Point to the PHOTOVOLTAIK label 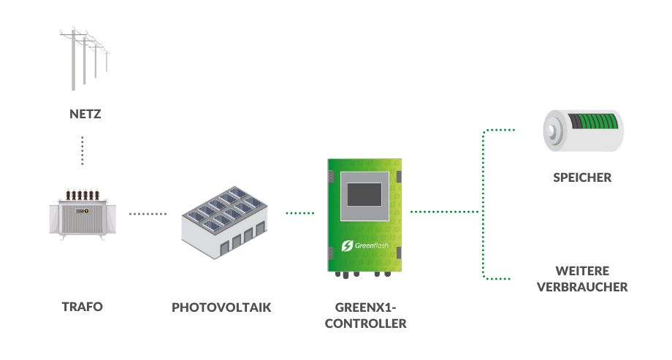pyautogui.click(x=221, y=307)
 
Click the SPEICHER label pyautogui.click(x=582, y=177)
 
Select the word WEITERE pyautogui.click(x=582, y=270)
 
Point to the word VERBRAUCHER pyautogui.click(x=582, y=287)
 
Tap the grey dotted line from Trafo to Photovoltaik pyautogui.click(x=148, y=214)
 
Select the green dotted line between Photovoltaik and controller pyautogui.click(x=299, y=213)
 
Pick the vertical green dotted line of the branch pyautogui.click(x=483, y=212)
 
